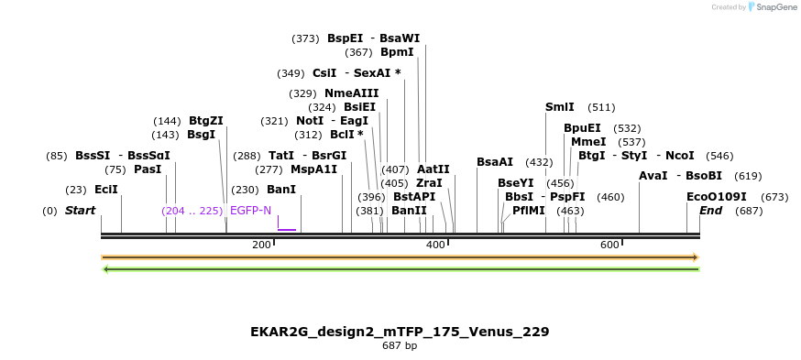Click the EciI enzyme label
pos(106,190)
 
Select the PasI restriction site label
pos(147,169)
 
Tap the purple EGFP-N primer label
pos(250,211)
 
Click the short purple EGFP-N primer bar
pos(287,230)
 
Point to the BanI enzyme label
pos(281,190)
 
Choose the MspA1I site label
pos(313,169)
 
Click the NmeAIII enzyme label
pos(352,93)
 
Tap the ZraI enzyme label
pos(429,183)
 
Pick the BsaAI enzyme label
pos(495,162)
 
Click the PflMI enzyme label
pos(529,211)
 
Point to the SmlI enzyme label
pos(560,107)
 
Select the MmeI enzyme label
pos(588,142)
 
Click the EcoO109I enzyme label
pos(717,197)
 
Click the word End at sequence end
pos(711,211)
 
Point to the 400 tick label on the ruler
pos(435,245)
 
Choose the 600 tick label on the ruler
pos(609,245)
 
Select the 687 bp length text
pos(400,346)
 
